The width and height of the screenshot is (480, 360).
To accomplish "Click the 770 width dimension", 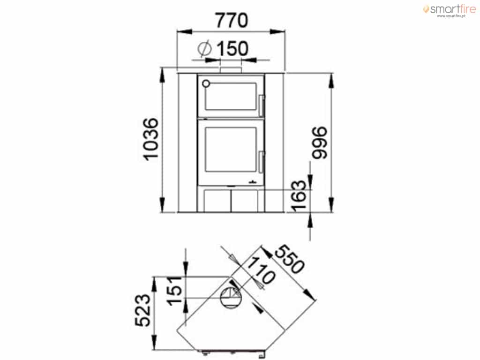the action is (x=231, y=21).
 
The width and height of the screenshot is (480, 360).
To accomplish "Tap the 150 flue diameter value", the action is (x=232, y=49).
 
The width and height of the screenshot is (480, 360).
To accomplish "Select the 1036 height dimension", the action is (x=151, y=139).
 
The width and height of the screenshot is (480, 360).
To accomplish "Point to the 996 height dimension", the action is (x=319, y=142).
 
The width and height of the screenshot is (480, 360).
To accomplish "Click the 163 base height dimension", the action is (x=299, y=196).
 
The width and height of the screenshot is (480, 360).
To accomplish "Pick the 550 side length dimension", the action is (x=290, y=259).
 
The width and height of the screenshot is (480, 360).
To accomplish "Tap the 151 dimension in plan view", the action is (x=175, y=291).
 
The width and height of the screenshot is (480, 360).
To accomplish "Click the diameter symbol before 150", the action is (x=205, y=48).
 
